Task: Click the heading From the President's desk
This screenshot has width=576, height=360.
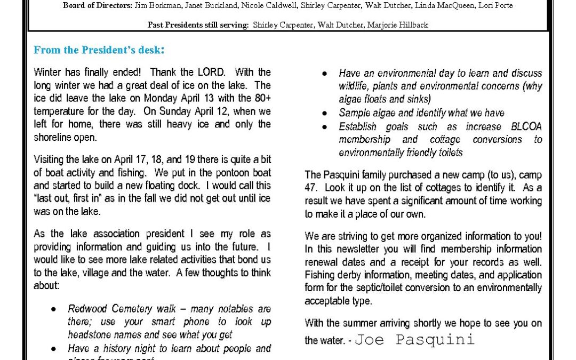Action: [99, 50]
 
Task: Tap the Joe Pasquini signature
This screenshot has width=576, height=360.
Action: [414, 340]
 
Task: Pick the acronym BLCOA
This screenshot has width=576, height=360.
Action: [526, 127]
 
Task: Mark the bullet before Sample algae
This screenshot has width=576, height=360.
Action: [325, 114]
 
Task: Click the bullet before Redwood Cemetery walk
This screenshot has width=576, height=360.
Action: [54, 309]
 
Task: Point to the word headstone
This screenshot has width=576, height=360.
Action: [90, 335]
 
